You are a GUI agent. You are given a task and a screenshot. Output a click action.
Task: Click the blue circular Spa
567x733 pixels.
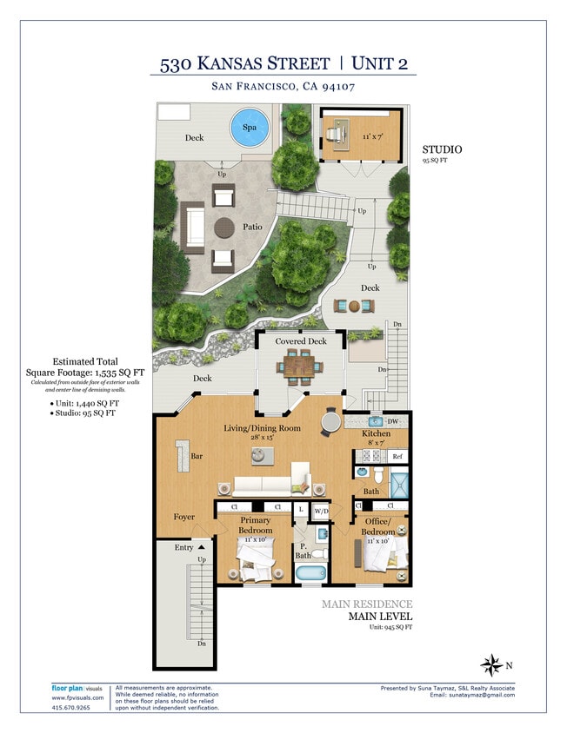point(250,129)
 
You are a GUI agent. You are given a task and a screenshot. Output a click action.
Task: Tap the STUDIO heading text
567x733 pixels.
point(444,149)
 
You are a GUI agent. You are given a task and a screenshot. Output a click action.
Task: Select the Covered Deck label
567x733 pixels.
point(301,341)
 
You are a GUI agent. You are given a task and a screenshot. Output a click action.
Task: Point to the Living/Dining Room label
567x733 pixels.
point(261,428)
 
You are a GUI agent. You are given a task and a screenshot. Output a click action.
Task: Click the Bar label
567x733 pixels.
point(197,454)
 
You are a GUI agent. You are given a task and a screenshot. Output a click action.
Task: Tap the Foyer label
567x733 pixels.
point(183,517)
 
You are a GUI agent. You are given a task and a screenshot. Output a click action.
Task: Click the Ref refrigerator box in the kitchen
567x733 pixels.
point(397,456)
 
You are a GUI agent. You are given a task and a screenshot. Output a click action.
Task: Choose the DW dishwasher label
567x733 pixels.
point(392,421)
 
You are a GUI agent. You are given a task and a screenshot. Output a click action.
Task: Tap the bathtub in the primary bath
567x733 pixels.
point(310,573)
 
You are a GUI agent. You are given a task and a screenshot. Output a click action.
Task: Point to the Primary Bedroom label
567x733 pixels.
point(255,525)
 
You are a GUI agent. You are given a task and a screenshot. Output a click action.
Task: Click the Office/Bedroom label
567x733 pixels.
point(377,526)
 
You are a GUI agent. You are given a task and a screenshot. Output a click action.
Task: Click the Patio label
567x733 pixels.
point(252,228)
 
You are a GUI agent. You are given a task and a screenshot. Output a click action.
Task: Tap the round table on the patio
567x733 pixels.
point(225,228)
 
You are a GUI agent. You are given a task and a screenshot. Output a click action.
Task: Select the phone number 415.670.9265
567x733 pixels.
point(71,708)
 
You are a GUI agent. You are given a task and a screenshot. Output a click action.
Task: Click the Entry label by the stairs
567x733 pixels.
point(183,547)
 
